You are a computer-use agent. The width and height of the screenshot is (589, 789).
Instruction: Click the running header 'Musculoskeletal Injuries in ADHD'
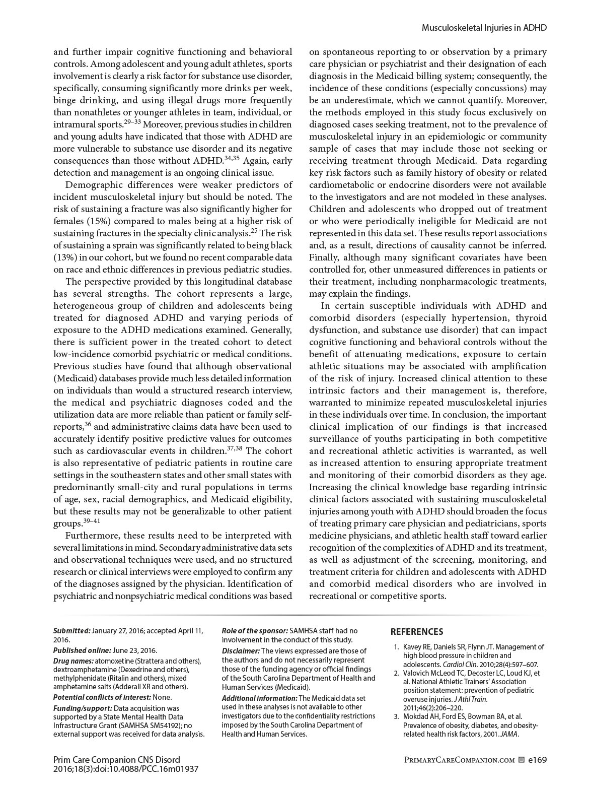[484, 28]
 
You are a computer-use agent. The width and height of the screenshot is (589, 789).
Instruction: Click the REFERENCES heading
[417, 632]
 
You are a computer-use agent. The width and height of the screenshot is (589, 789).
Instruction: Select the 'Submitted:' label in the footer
[72, 630]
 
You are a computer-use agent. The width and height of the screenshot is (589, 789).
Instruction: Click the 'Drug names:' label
[73, 661]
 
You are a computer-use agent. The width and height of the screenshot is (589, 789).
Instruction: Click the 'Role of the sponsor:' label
[255, 630]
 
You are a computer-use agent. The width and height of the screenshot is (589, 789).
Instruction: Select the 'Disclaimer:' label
[241, 650]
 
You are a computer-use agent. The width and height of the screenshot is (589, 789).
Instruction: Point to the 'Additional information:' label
[260, 698]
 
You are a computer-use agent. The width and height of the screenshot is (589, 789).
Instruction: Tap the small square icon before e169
[521, 759]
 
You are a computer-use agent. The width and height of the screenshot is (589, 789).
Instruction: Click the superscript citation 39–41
[92, 521]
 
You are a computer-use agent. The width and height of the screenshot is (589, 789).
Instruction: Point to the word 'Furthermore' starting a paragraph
[91, 536]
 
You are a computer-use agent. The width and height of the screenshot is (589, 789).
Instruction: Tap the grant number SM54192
[165, 725]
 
